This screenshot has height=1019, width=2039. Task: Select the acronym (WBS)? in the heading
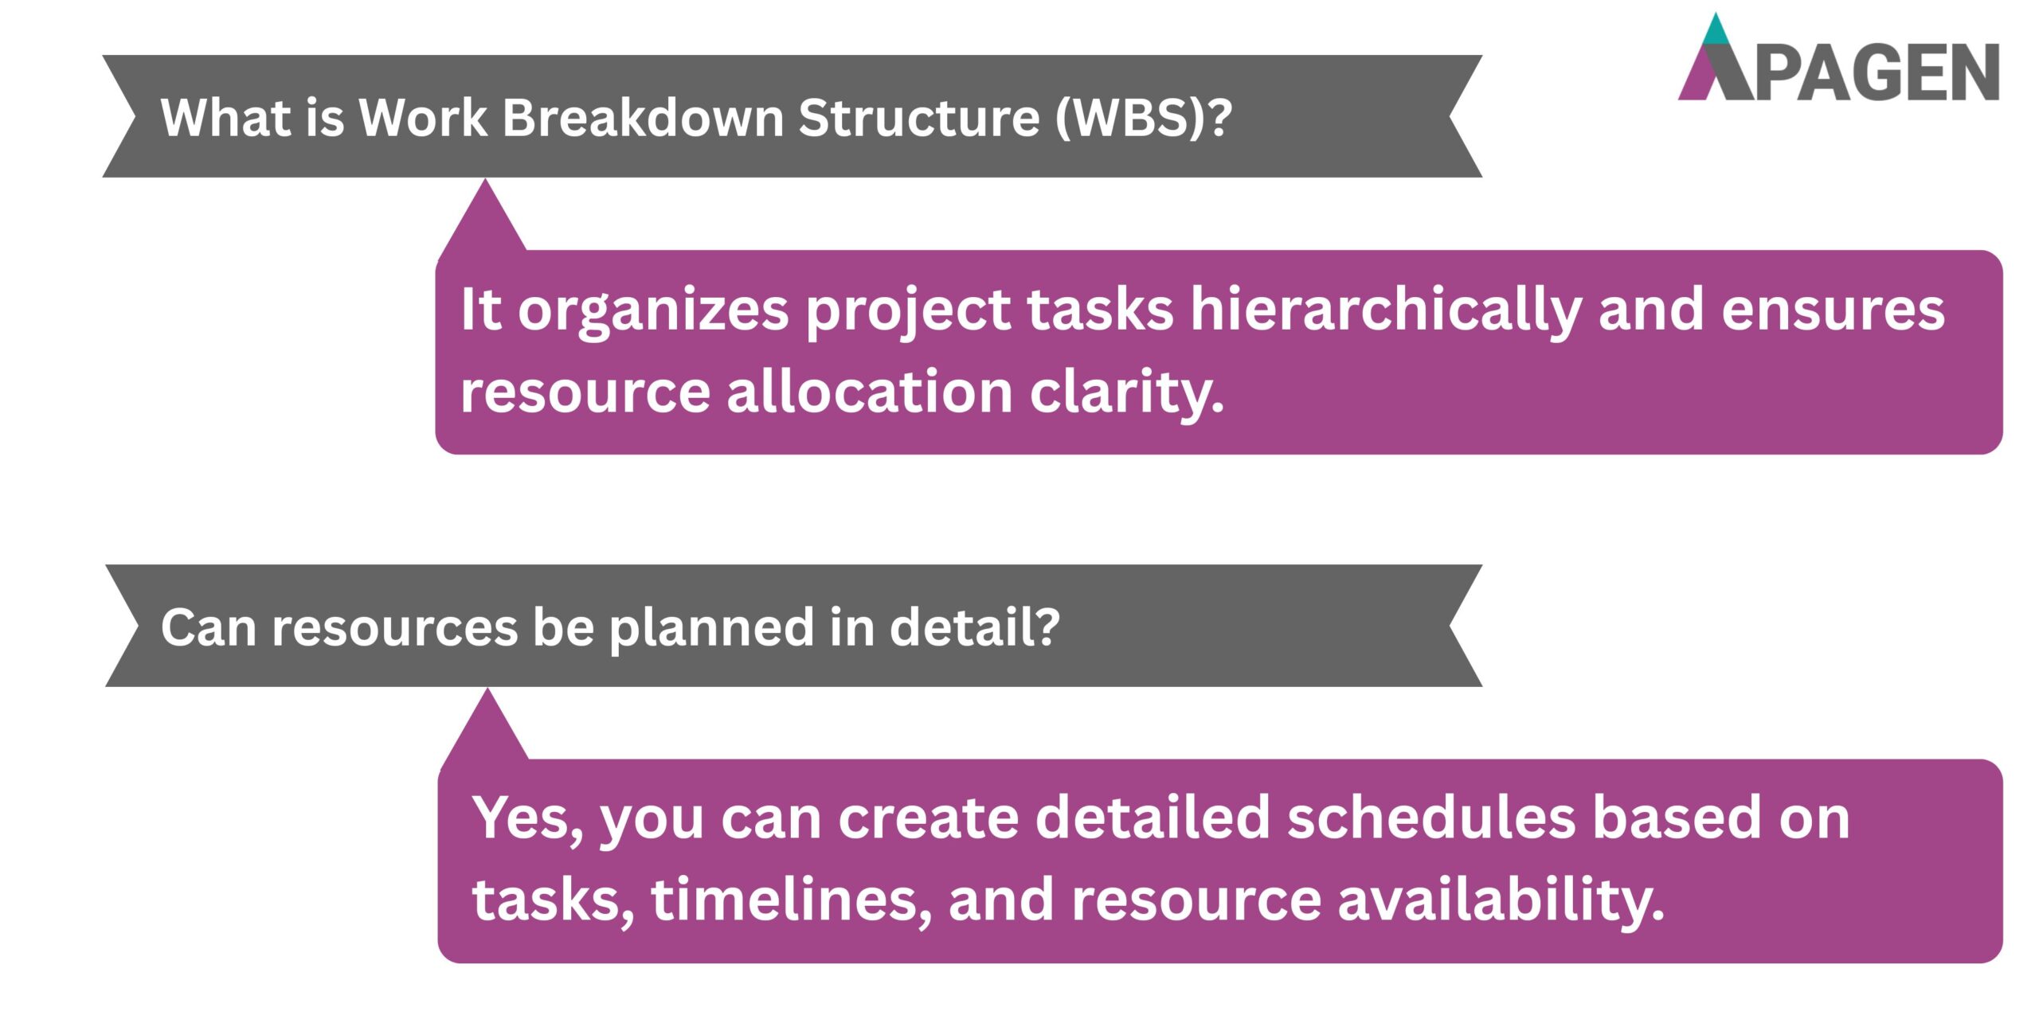pyautogui.click(x=1144, y=118)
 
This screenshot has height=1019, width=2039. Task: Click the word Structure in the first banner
pyautogui.click(x=919, y=118)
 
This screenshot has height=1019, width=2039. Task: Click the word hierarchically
pyautogui.click(x=1386, y=310)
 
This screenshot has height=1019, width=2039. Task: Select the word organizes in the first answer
pyautogui.click(x=653, y=310)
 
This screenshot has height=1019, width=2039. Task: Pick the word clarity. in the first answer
pyautogui.click(x=1126, y=393)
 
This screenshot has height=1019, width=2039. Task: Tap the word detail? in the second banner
pyautogui.click(x=974, y=627)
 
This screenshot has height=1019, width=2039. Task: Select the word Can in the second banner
pyautogui.click(x=208, y=627)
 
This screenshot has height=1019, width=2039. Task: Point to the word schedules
pyautogui.click(x=1430, y=818)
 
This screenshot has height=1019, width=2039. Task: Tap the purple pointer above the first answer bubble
pyautogui.click(x=483, y=223)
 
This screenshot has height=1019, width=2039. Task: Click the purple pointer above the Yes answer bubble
pyautogui.click(x=487, y=732)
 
